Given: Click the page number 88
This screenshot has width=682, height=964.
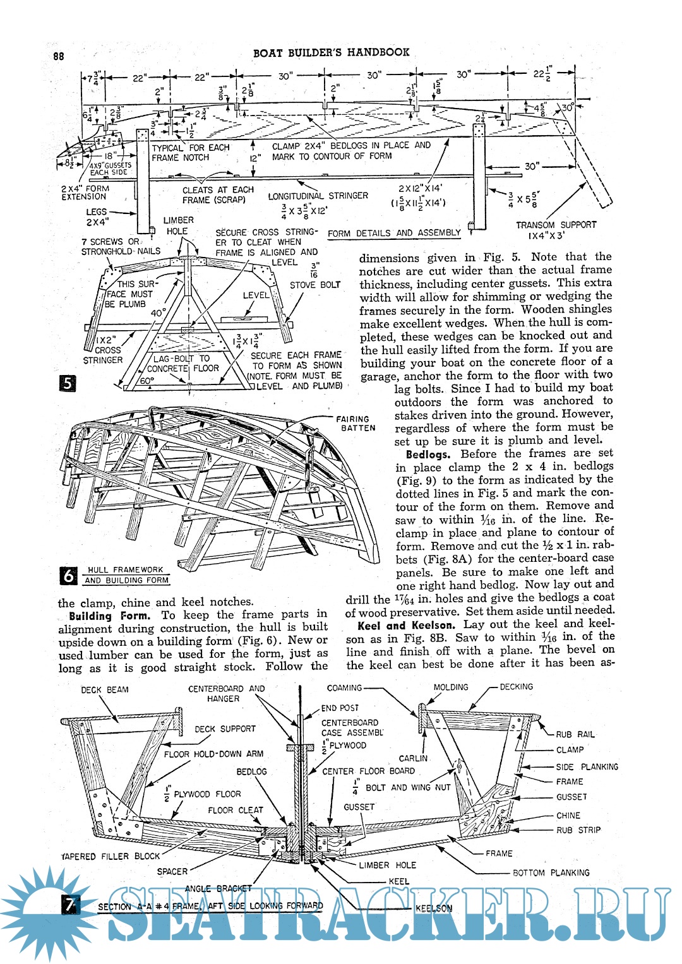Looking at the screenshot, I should coord(59,56).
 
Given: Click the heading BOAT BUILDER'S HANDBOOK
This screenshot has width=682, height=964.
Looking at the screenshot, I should coord(331,52).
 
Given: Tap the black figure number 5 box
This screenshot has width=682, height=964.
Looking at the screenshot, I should coord(68,383).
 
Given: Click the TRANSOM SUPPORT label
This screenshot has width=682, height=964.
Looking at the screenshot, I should coord(556,230).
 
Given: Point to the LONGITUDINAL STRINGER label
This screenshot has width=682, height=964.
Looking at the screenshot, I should coord(318,196).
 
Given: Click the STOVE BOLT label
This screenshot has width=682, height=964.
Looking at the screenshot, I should coord(314,285).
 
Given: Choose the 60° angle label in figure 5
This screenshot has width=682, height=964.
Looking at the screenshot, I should coord(147,381).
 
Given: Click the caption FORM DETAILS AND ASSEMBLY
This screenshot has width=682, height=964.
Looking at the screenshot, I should coord(394,233).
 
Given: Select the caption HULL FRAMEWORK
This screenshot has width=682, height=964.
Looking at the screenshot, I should coord(125,569).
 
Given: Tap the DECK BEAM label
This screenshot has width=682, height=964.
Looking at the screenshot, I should coord(104,689).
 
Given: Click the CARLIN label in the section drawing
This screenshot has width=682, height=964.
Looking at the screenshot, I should coord(413,758).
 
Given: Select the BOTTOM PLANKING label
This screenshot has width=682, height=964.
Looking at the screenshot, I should coord(551,872).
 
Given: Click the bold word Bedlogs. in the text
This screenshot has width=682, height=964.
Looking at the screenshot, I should coord(428,454).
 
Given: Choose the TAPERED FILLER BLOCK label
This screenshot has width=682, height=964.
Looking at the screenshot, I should coord(111,856).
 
